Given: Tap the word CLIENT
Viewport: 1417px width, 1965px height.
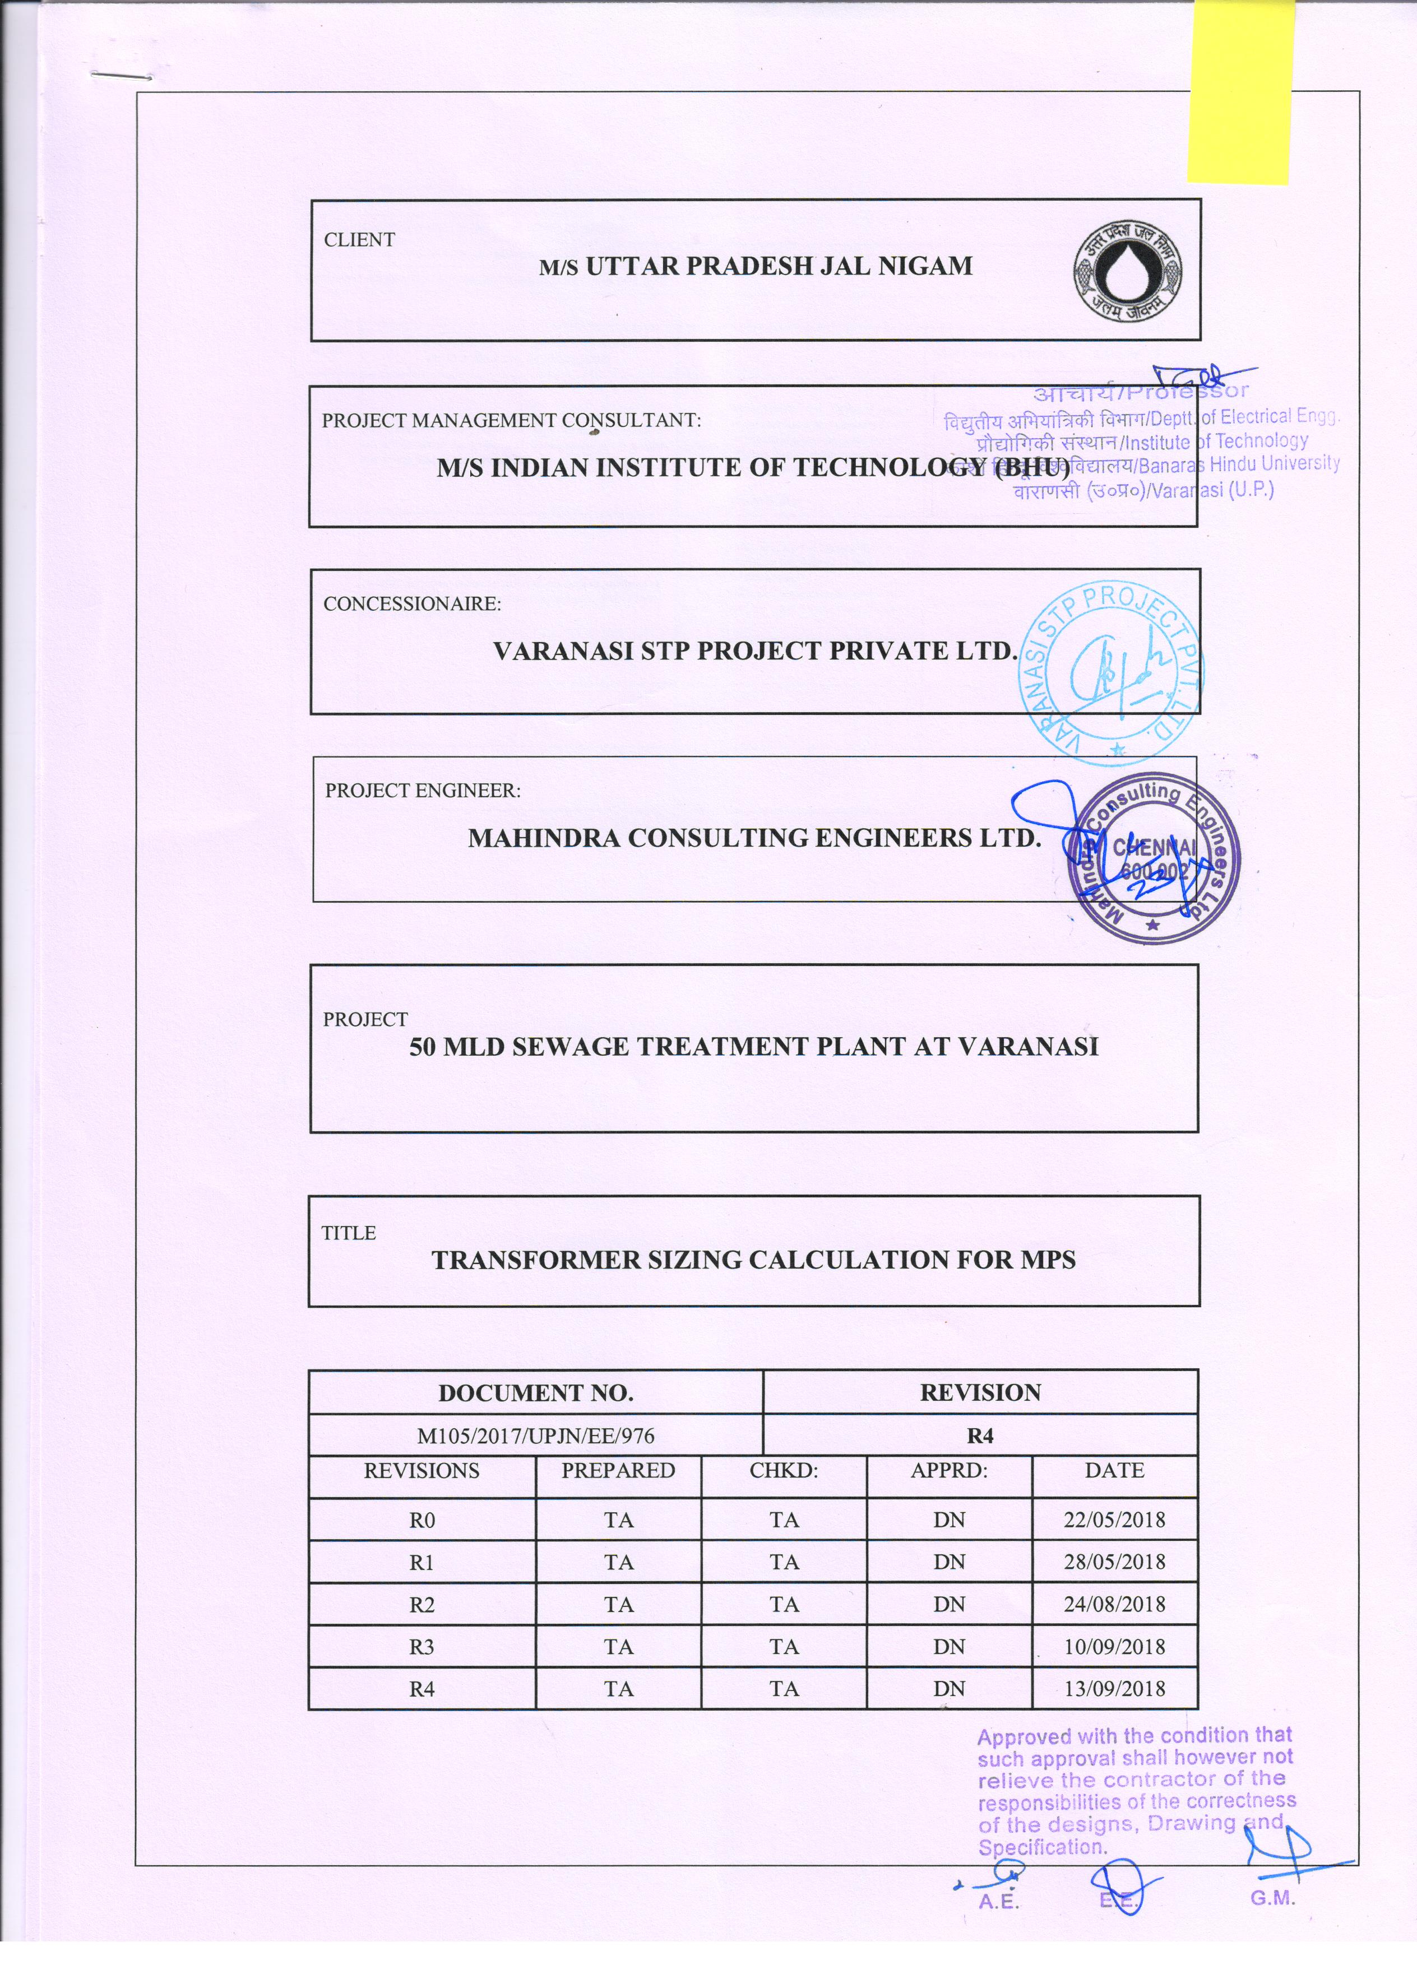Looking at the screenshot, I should (359, 240).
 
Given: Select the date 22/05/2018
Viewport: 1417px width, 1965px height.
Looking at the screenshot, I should (1114, 1520).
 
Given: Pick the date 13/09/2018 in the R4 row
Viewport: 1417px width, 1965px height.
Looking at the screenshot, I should (1114, 1689).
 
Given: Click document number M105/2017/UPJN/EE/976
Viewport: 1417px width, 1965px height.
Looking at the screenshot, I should (536, 1436).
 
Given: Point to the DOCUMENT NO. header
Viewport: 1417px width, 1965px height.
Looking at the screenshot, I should (536, 1393).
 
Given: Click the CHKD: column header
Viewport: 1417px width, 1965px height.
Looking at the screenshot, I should (784, 1470).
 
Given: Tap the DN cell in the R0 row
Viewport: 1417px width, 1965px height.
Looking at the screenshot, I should (949, 1520).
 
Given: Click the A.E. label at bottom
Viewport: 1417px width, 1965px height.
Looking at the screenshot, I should (998, 1903).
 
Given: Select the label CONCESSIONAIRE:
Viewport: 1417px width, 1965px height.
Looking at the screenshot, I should (411, 604).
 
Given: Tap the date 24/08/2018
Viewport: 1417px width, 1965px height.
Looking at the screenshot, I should (1114, 1605).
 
